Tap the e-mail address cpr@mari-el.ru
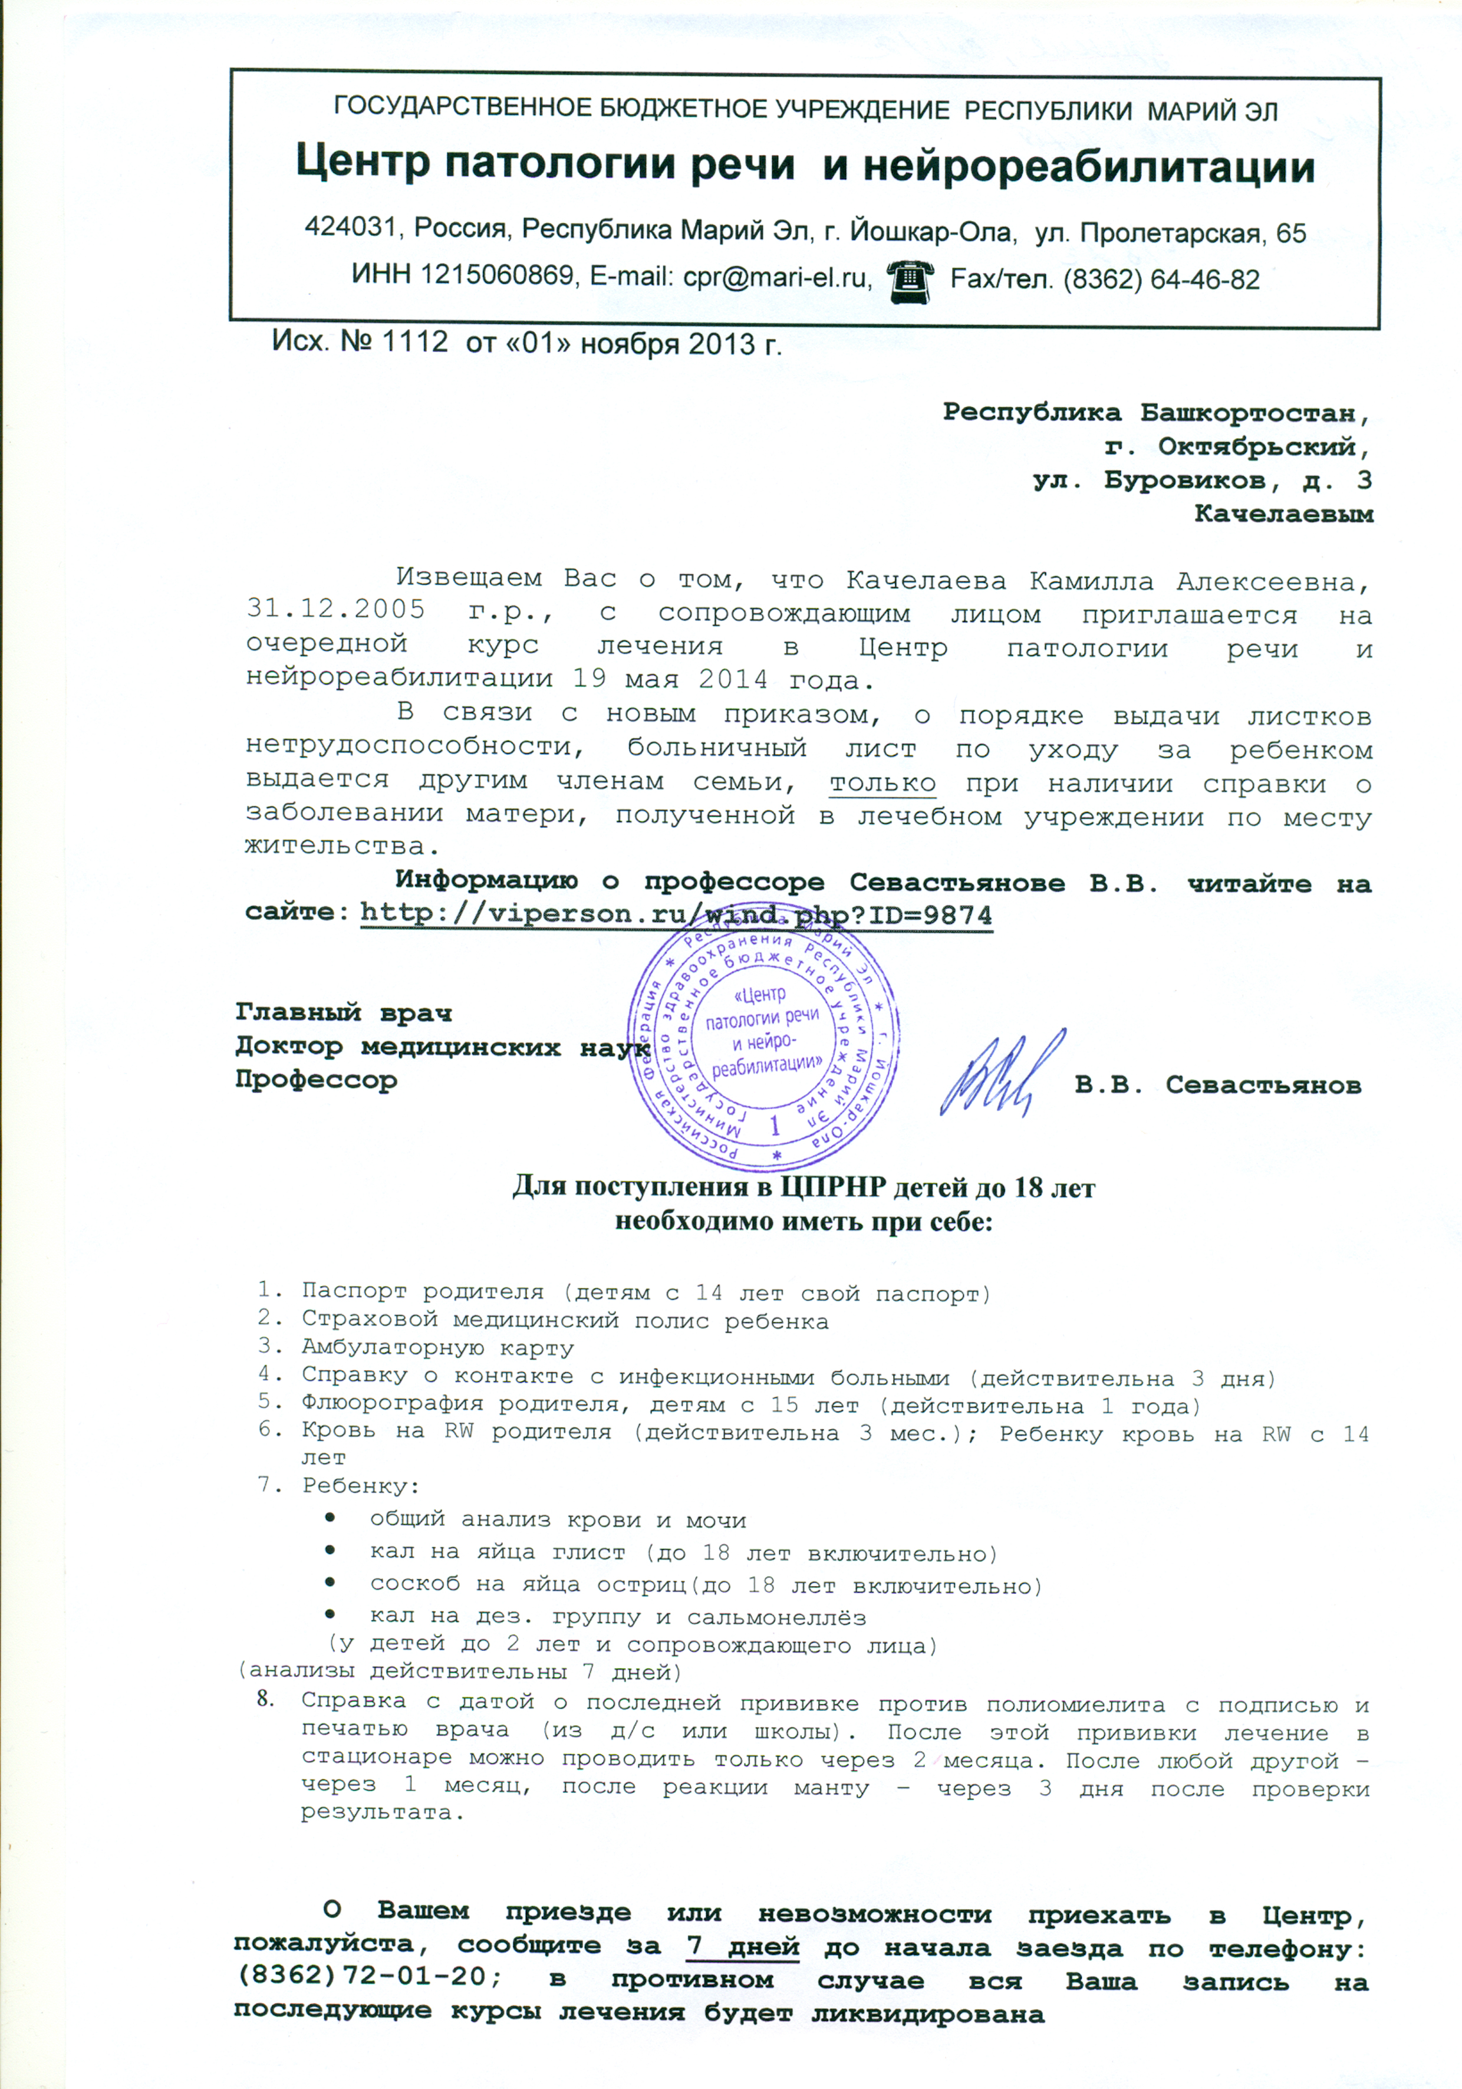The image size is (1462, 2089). [778, 278]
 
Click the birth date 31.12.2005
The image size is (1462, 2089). [335, 610]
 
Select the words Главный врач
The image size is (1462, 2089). [344, 1012]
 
